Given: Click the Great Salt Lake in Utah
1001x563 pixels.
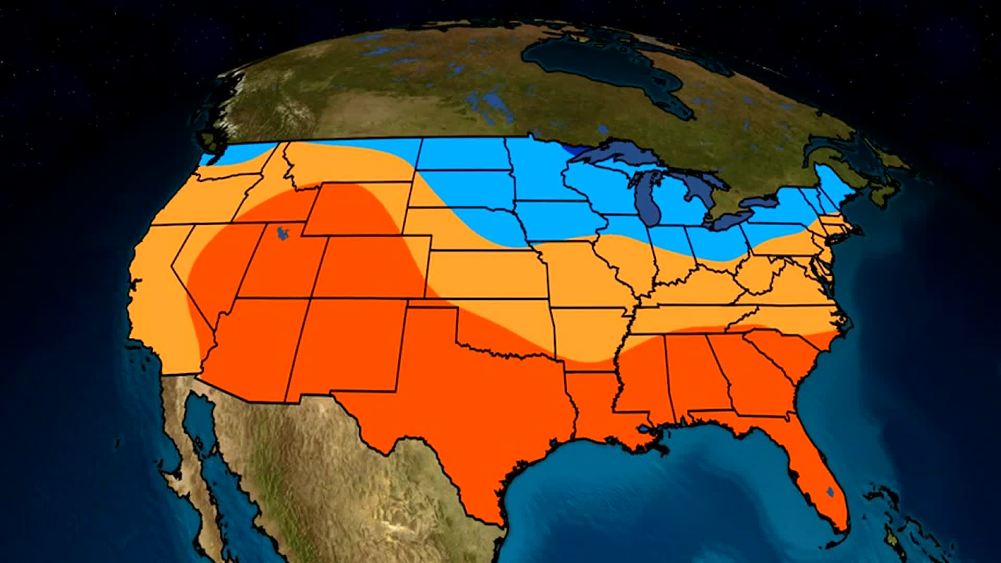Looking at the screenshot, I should click(283, 233).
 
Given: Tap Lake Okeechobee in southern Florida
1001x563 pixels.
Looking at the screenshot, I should click(831, 492).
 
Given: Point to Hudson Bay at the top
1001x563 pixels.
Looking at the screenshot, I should click(600, 63).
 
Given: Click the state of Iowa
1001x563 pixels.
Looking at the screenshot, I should click(560, 219).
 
